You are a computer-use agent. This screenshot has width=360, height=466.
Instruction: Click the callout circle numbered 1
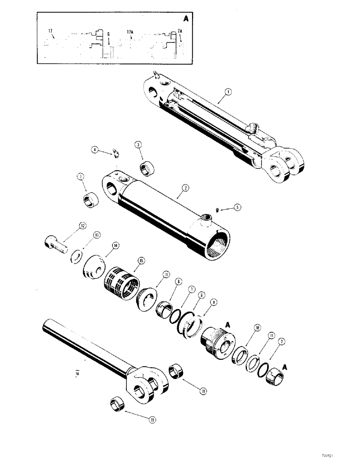(227, 92)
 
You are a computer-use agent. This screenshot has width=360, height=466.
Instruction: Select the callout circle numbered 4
(95, 150)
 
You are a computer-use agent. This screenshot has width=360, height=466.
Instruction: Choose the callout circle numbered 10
(257, 328)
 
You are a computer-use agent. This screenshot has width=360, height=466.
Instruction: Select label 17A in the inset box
(130, 33)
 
